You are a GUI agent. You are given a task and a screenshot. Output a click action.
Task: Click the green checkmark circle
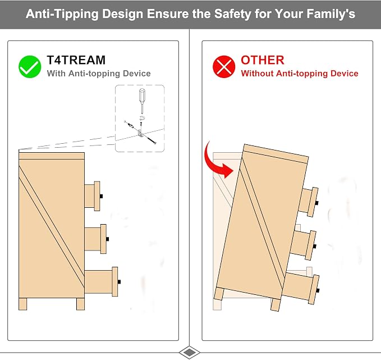tap(30, 67)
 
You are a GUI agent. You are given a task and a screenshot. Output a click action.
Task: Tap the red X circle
tap(224, 67)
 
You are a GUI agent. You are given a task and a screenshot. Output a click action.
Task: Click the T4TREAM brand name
tap(76, 60)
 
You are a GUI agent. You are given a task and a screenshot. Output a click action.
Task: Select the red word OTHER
tap(263, 60)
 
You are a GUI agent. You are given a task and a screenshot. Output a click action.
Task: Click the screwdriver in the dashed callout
tap(142, 101)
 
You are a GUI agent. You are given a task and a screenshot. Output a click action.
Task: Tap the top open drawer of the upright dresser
tap(93, 196)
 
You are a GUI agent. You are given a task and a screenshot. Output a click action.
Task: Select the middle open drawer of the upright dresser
tap(95, 239)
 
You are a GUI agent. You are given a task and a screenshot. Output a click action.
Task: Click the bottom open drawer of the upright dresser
tap(102, 282)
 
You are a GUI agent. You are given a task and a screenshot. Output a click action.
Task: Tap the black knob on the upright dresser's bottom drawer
tap(120, 282)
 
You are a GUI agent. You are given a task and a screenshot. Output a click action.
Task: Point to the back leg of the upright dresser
tap(23, 304)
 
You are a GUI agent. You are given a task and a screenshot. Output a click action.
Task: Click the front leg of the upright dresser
tap(80, 304)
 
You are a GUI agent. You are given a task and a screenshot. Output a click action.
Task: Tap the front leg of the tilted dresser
tap(276, 304)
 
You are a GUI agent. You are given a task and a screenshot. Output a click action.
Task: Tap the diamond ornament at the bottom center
tap(189, 352)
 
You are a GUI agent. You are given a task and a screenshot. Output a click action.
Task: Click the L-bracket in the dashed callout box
tap(140, 133)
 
